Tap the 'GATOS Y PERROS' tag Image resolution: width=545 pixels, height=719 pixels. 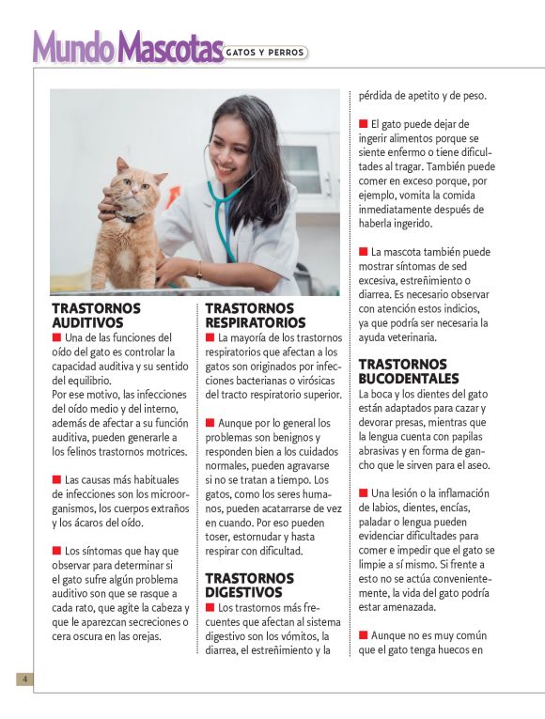pos(266,53)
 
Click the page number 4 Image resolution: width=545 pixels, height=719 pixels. pos(25,679)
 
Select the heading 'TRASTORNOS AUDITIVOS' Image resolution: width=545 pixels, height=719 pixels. pos(96,315)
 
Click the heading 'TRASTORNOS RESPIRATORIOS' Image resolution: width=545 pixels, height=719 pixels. pos(249,315)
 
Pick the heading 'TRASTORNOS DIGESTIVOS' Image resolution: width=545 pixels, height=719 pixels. pos(249,585)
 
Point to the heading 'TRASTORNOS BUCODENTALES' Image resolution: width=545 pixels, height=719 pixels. pos(404,370)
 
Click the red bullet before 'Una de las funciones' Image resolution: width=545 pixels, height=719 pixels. pos(56,336)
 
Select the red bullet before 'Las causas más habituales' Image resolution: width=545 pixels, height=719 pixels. pos(56,479)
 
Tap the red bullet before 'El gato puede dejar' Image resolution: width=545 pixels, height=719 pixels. pos(363,124)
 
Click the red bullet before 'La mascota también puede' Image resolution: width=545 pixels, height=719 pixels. pos(363,252)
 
